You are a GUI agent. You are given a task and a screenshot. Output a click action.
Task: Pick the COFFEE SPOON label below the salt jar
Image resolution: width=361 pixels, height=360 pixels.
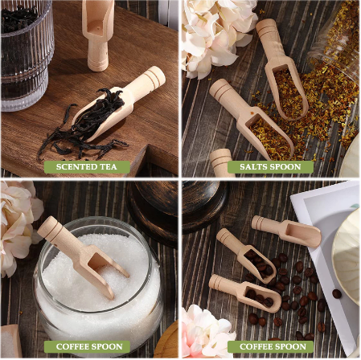89,347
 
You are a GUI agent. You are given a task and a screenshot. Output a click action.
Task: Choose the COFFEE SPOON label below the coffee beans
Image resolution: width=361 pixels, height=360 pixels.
270,347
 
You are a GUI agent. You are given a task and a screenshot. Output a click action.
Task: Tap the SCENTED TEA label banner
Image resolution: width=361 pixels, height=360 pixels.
86,167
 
